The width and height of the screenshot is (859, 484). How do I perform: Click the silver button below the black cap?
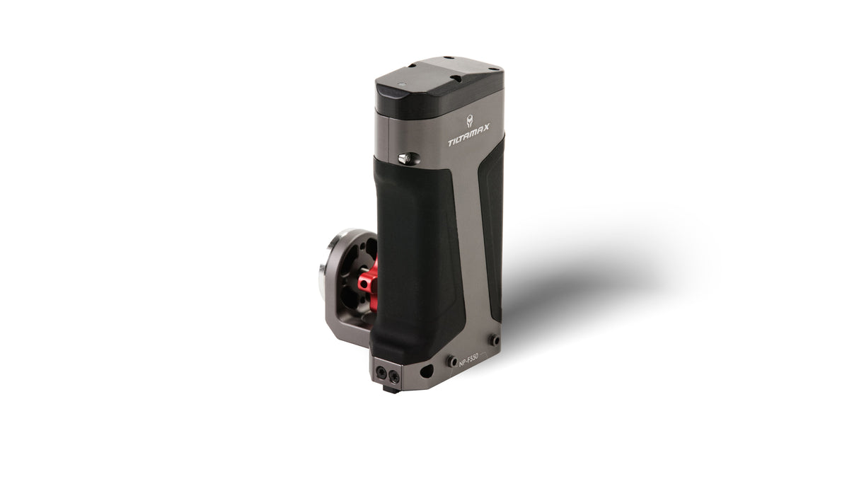405,159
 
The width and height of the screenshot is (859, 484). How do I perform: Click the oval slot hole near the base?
426,370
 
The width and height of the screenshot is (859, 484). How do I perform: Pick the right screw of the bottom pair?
393,376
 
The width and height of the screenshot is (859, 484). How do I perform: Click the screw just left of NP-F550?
451,362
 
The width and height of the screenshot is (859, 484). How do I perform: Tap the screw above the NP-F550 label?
492,340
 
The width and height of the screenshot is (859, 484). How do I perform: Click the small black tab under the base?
390,388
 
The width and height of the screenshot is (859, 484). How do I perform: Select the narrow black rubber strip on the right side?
492,226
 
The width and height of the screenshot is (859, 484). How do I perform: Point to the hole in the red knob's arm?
364,284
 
